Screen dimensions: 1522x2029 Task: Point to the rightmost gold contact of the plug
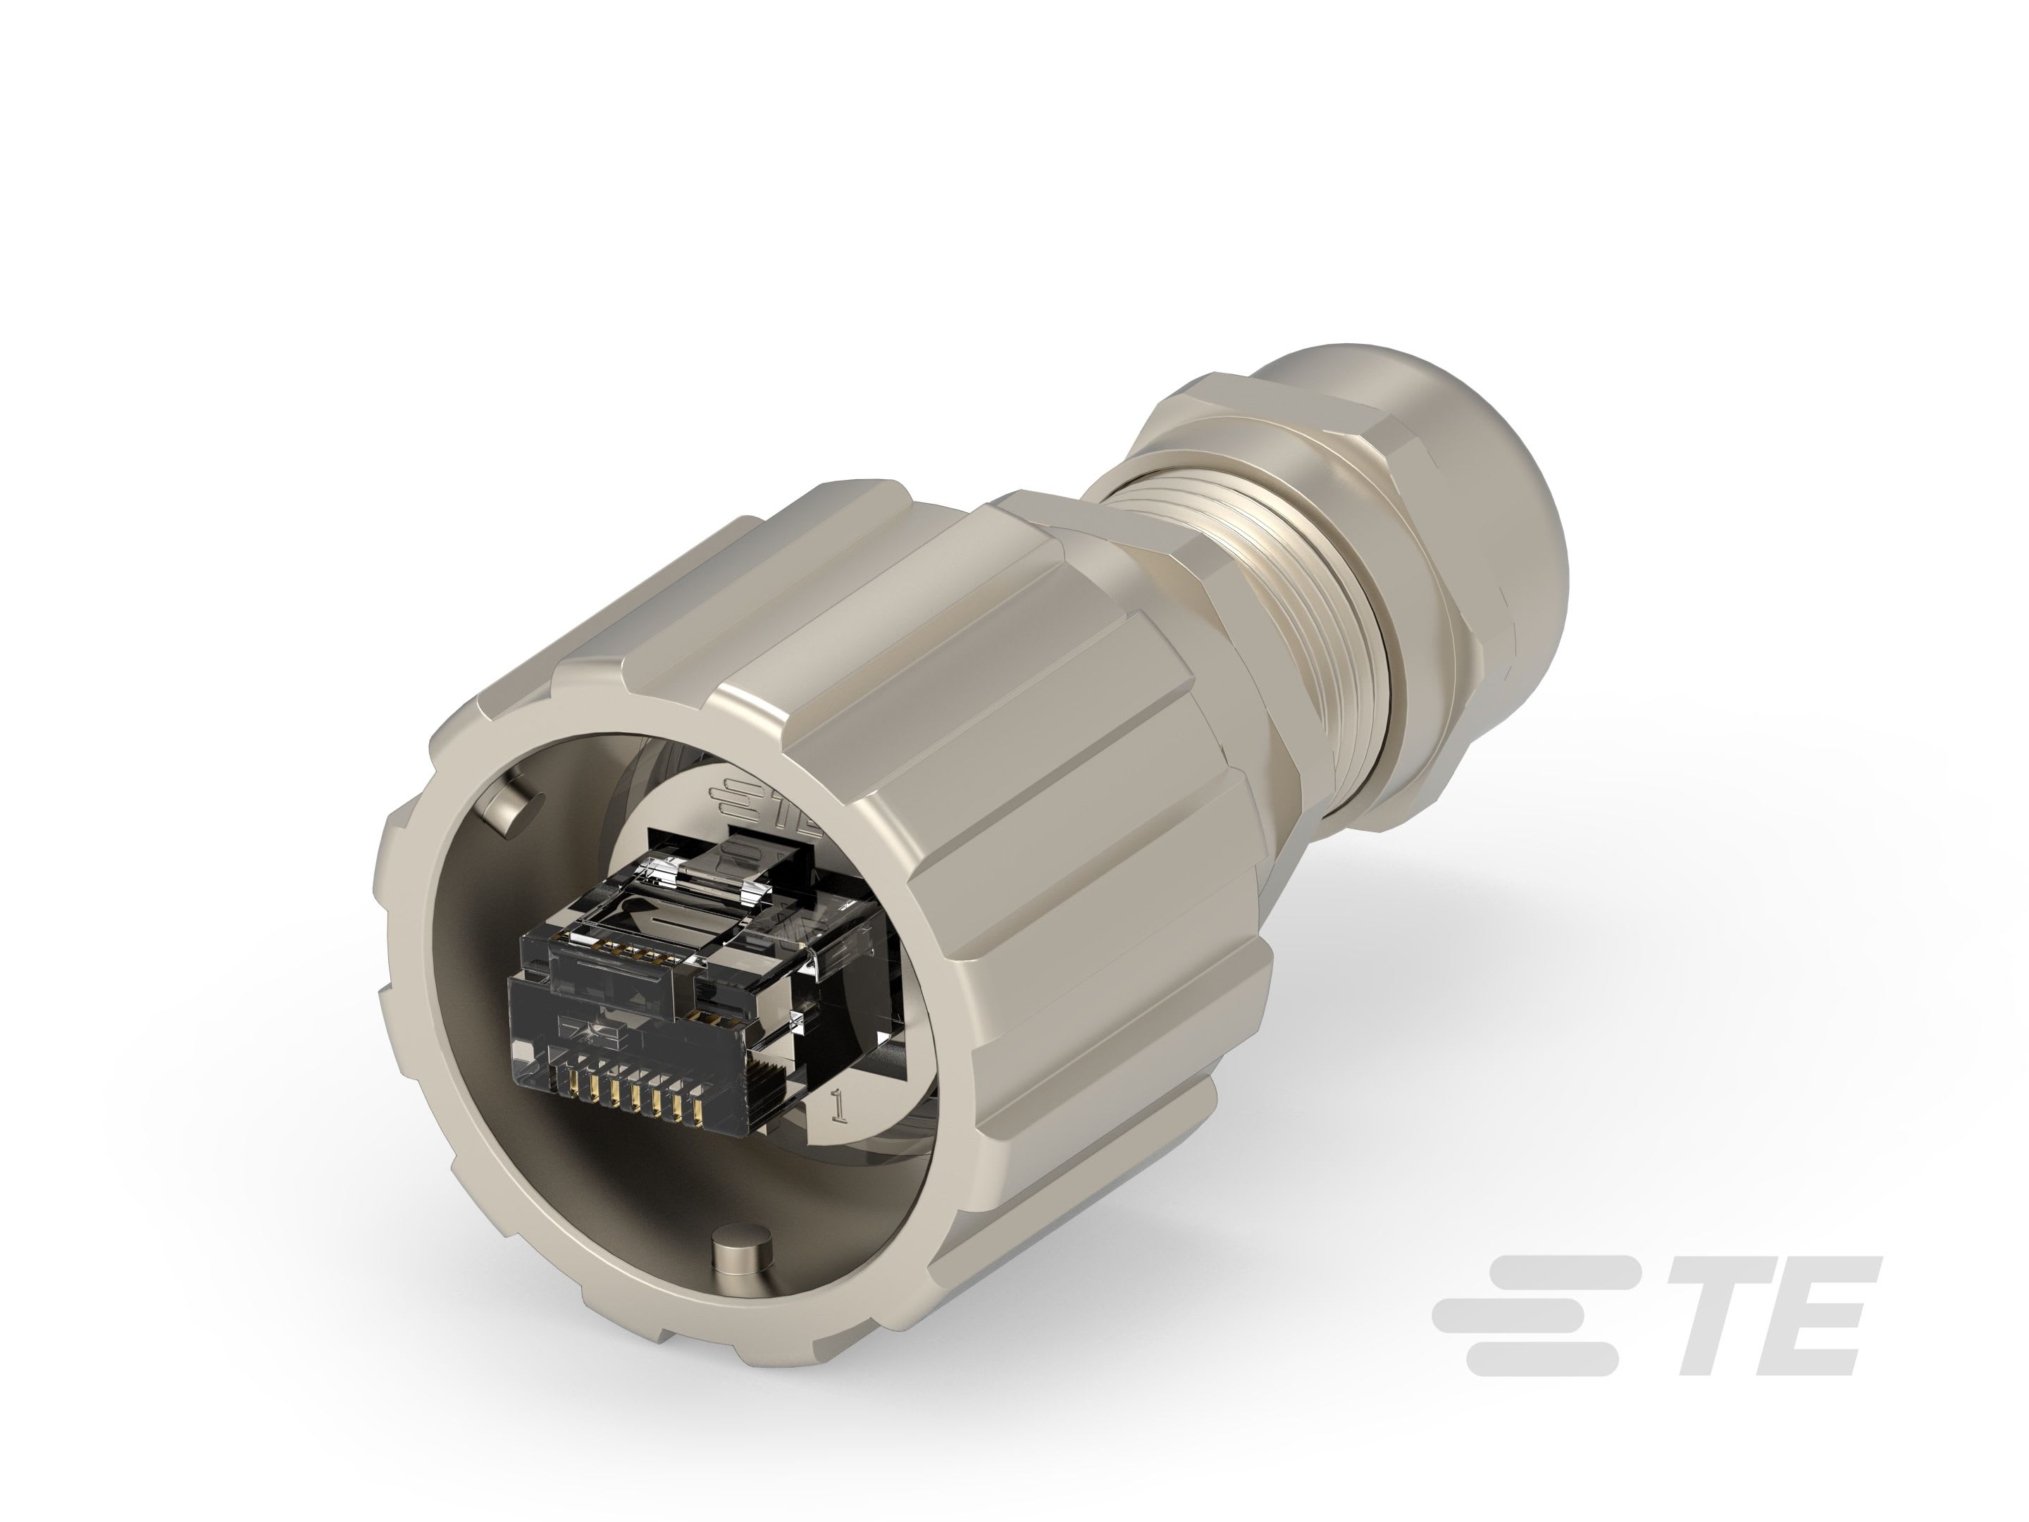click(699, 1112)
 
